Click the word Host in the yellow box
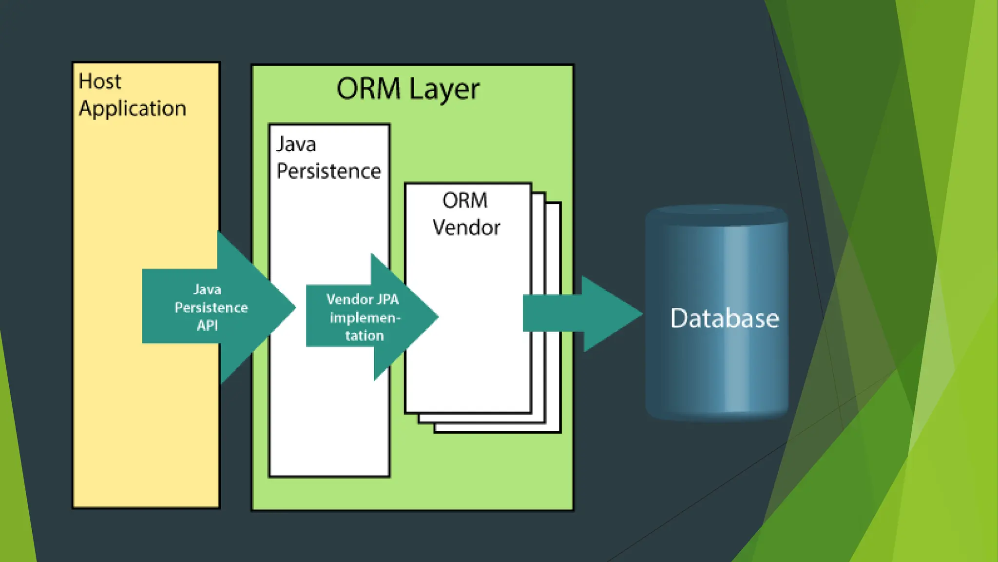(100, 81)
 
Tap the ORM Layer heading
(408, 90)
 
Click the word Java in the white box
(296, 144)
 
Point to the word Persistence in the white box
(328, 171)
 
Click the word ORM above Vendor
(465, 201)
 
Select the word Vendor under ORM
(466, 228)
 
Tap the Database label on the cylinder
(725, 318)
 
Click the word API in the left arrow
(207, 325)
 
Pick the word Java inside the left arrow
(207, 290)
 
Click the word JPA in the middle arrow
(387, 299)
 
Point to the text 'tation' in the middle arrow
(365, 336)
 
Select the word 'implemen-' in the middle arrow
(365, 318)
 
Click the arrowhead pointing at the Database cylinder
(612, 314)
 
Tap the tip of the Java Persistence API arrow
(296, 307)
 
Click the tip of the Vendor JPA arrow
(438, 317)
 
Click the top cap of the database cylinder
(716, 215)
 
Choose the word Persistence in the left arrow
(211, 307)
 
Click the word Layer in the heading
(444, 91)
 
